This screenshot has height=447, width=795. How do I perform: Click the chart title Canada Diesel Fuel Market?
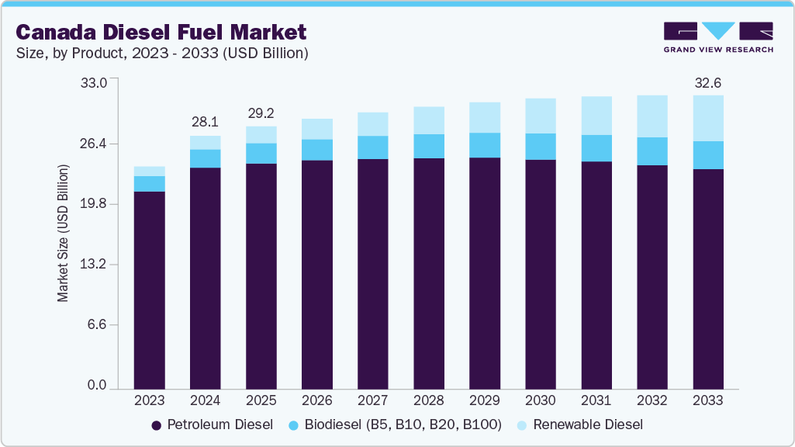pos(161,32)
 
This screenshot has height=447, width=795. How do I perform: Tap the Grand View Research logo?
pos(717,36)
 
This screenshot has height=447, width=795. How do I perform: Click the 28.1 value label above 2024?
pos(206,121)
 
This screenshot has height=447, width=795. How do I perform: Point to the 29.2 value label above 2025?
pos(261,113)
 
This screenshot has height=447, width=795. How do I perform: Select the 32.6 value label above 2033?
pos(708,82)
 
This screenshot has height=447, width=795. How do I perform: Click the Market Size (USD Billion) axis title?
pos(63,234)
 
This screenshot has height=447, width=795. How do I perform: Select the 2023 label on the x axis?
pos(150,400)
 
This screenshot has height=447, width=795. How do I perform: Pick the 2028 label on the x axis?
pos(429,400)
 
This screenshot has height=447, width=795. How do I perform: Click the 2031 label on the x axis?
pos(596,400)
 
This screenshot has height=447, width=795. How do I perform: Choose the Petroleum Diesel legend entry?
pos(212,424)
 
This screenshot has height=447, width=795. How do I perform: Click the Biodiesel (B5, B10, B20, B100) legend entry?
pos(395,424)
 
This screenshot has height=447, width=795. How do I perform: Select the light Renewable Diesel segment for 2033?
pos(708,118)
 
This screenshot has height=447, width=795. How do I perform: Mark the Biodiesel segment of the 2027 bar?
pos(373,147)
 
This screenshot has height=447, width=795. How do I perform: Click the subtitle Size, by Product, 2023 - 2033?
pos(163,53)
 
